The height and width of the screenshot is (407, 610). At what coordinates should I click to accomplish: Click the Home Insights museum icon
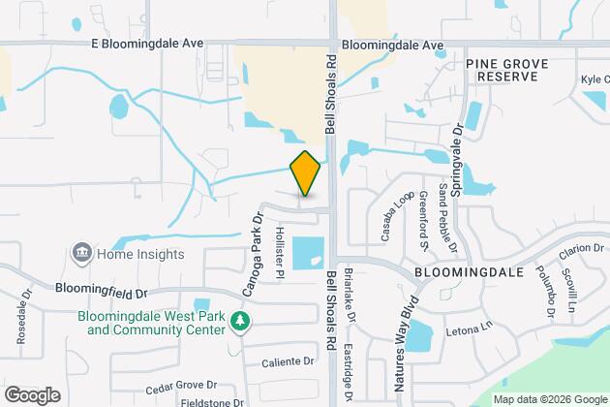80,255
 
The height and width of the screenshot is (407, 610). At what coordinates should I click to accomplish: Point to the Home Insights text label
139,255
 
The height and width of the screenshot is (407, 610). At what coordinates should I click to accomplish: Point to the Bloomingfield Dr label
102,289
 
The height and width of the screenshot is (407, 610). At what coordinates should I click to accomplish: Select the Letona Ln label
469,329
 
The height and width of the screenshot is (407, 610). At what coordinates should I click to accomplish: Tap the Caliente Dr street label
288,361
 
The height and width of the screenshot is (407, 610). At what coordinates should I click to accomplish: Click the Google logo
31,394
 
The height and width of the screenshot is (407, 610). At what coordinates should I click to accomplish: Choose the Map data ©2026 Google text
549,399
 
